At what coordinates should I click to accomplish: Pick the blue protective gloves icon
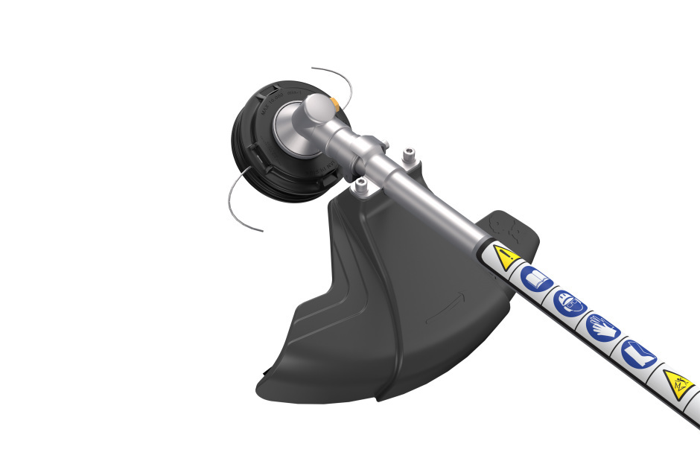coord(602,327)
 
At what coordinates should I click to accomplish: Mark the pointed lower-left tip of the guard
coord(262,387)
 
